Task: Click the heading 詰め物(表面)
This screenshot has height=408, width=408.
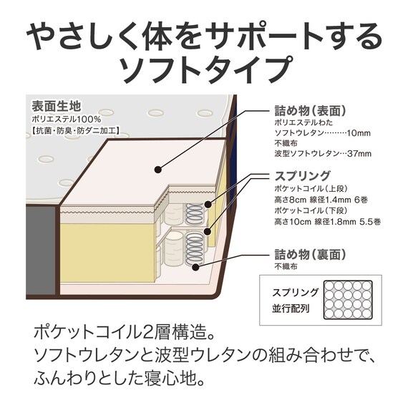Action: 311,111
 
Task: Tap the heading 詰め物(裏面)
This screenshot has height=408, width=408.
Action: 311,254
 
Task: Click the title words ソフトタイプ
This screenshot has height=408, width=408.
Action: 204,69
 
